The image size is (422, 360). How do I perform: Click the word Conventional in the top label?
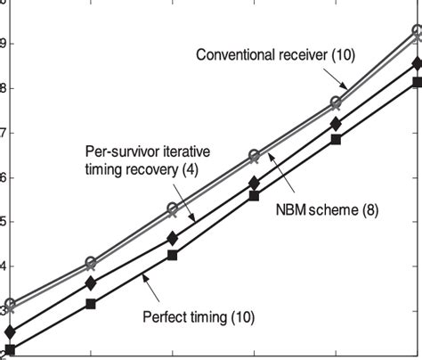tap(238, 56)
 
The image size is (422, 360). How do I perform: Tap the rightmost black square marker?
tap(417, 82)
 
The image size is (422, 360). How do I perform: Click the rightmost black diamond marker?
tap(417, 63)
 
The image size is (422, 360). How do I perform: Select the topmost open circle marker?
tap(417, 31)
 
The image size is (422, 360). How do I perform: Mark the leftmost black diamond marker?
tap(9, 332)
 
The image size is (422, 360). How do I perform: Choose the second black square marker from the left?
tap(91, 304)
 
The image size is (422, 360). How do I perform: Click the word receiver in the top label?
tap(314, 56)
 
